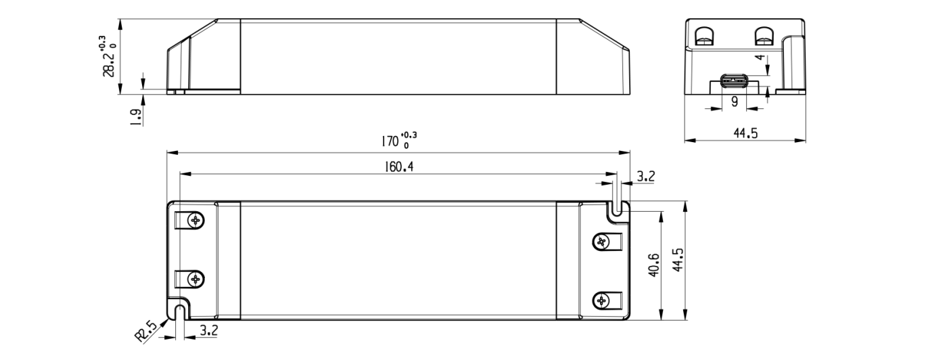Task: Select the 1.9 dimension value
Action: (135, 116)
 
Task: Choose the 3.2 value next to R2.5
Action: (210, 331)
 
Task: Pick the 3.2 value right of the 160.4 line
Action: (646, 177)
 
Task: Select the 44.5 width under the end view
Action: (745, 133)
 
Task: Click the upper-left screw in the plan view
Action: (196, 220)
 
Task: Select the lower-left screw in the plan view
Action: (196, 278)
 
